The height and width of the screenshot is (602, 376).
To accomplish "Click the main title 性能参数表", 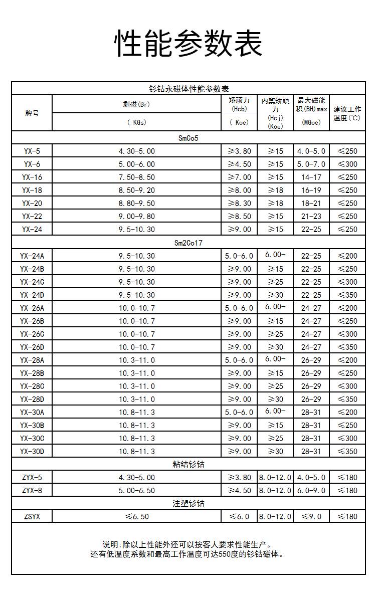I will pyautogui.click(x=189, y=43).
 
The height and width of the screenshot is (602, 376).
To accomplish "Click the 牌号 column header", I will pyautogui.click(x=32, y=113).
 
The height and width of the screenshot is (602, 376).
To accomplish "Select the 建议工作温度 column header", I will pyautogui.click(x=347, y=113).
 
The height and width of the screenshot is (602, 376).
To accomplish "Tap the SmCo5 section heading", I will pyautogui.click(x=189, y=138).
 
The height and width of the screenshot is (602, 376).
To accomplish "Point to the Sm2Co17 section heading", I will pyautogui.click(x=189, y=243).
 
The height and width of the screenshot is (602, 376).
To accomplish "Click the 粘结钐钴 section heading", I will pyautogui.click(x=189, y=464).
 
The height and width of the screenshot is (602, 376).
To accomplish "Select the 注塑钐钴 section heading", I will pyautogui.click(x=189, y=503).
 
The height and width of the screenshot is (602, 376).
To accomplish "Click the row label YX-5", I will pyautogui.click(x=32, y=151).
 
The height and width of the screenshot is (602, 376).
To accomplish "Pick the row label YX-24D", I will pyautogui.click(x=32, y=295).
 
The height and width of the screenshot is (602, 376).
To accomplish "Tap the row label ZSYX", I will pyautogui.click(x=32, y=516).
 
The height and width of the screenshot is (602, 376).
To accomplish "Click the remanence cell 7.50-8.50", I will pyautogui.click(x=136, y=177).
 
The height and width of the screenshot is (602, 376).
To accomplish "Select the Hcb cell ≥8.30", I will pyautogui.click(x=239, y=203).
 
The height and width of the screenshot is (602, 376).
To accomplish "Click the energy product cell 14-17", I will pyautogui.click(x=311, y=177).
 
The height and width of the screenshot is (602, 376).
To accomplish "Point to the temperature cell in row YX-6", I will pyautogui.click(x=347, y=164).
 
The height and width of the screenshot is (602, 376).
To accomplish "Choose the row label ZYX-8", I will pyautogui.click(x=32, y=490).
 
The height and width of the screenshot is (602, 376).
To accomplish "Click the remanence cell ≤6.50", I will pyautogui.click(x=136, y=516).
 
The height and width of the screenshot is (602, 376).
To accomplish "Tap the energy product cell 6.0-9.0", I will pyautogui.click(x=311, y=490).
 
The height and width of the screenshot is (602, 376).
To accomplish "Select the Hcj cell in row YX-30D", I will pyautogui.click(x=275, y=451).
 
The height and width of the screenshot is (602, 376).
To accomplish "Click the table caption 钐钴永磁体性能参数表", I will pyautogui.click(x=189, y=89).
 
